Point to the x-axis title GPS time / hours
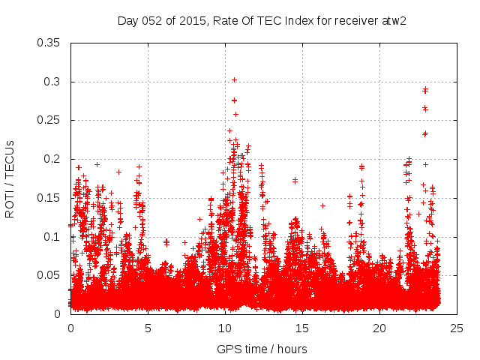262,349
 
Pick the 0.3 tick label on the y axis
53,82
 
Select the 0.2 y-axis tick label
53,159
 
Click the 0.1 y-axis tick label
53,236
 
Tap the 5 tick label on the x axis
148,328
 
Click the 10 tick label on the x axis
225,328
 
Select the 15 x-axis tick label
302,328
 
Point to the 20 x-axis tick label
379,328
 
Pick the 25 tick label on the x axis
457,328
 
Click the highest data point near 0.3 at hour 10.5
234,79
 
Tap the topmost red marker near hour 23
425,89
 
